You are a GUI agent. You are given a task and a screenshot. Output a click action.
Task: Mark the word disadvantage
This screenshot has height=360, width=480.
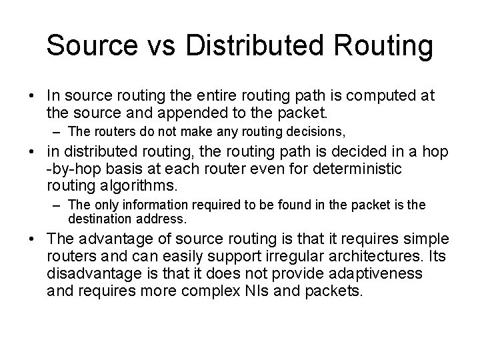pyautogui.click(x=91, y=273)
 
